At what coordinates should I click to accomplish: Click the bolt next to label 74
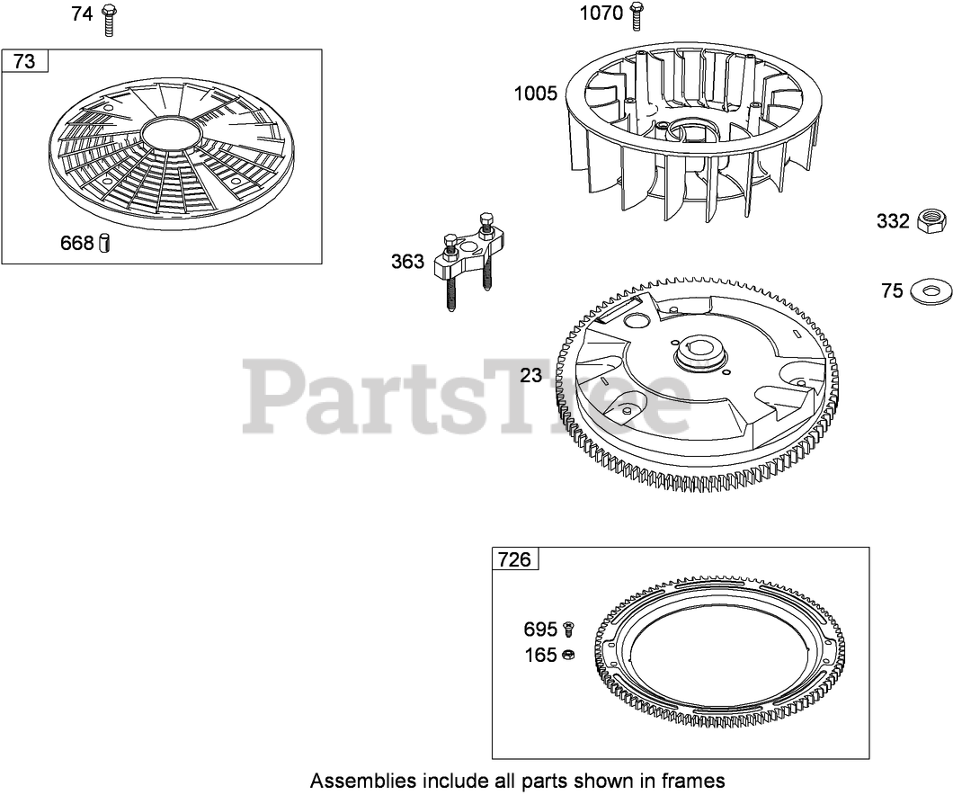click(110, 18)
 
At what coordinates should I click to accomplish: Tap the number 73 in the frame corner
click(25, 61)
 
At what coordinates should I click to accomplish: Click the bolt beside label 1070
click(637, 16)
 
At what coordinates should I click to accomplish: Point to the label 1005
click(535, 94)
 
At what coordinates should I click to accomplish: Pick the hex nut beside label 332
click(932, 220)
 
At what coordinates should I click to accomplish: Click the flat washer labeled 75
click(931, 290)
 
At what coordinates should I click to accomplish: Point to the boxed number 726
click(514, 559)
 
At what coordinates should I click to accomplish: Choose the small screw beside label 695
click(568, 629)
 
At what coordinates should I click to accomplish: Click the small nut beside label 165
click(568, 656)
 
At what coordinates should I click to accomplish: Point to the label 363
click(407, 262)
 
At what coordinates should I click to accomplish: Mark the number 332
click(893, 221)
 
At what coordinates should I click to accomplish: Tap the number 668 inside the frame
click(76, 244)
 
